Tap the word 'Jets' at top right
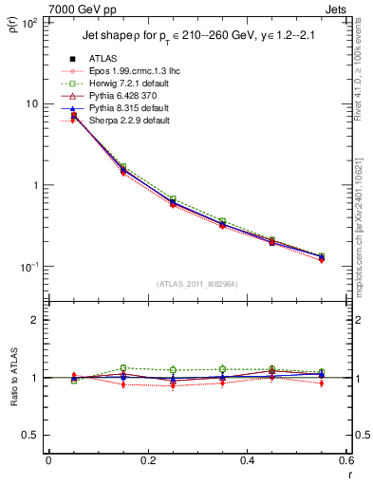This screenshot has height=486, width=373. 336,8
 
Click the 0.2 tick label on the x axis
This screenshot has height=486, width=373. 147,460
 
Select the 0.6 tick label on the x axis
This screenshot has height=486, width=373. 345,460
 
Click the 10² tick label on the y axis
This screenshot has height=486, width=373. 28,23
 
